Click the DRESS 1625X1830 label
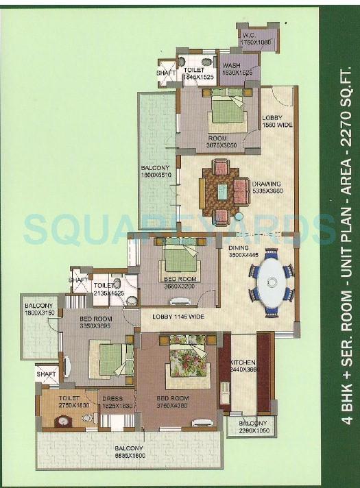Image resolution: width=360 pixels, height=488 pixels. point(117,402)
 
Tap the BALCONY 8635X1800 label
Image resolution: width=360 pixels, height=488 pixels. point(130,452)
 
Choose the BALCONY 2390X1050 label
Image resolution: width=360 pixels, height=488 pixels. point(252,428)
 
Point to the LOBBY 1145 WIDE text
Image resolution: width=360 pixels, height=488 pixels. point(178,317)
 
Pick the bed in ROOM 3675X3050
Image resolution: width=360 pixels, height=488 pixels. point(227,110)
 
